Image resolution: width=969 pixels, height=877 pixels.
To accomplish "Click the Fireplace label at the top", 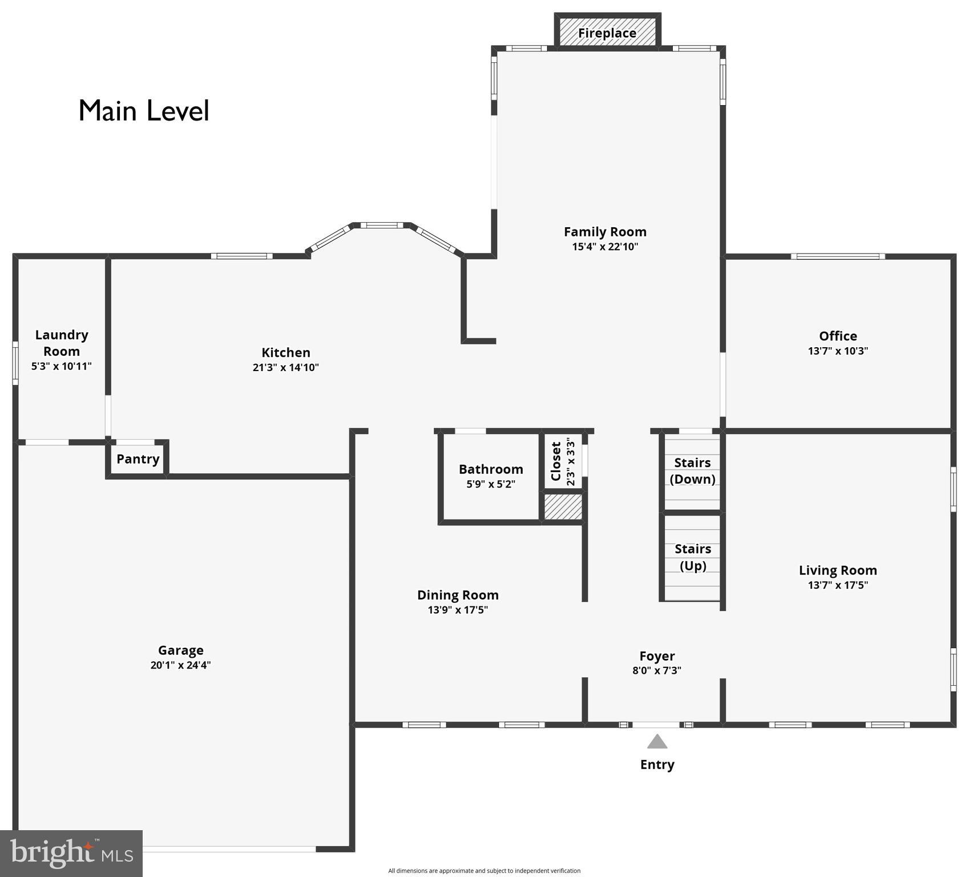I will point(607,33).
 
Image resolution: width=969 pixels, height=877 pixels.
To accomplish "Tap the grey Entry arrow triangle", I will point(657,742).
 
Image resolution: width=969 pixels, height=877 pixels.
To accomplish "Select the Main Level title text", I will point(144,111).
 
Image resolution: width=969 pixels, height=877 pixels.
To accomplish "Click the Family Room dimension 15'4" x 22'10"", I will point(605,247).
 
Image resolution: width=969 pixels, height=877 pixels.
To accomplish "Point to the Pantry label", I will point(138,459).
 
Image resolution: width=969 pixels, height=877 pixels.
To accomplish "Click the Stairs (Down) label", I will point(692,471).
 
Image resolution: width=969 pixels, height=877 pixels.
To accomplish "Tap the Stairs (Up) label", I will point(693,557).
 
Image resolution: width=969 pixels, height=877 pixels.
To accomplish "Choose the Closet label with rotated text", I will point(556,461).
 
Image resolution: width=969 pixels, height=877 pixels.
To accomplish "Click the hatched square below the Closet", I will point(563,507).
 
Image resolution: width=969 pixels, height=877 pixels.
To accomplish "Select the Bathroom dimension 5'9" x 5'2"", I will point(491,484).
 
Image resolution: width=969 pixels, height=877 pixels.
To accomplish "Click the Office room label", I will point(838,336).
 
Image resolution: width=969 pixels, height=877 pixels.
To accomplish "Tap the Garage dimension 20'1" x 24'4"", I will point(180,665).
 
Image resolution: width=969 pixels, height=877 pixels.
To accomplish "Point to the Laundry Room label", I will point(62,343).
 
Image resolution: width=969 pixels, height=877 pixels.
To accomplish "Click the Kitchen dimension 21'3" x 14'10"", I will point(285,368).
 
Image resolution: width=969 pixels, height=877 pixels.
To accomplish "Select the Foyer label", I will point(657,656).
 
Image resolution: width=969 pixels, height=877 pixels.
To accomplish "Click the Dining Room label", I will point(458,595).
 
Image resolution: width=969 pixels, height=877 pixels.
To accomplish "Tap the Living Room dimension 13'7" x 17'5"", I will point(838,585).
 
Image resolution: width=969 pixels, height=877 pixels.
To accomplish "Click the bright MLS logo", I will point(71,853).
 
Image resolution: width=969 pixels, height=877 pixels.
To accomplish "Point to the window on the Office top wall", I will point(838,256).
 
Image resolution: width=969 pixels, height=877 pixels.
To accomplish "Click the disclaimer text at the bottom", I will point(484,871).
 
